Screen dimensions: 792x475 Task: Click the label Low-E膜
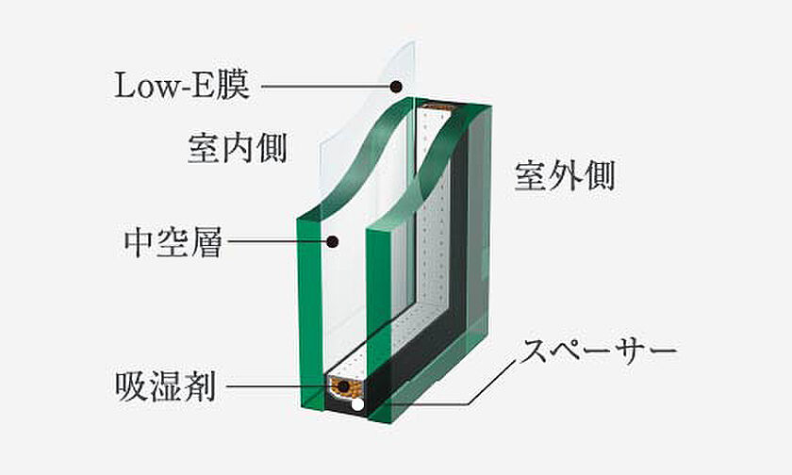click(x=182, y=86)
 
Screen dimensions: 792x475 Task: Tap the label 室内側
click(x=238, y=148)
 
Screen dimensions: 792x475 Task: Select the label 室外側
click(x=565, y=175)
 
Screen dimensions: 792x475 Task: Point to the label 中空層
click(x=173, y=242)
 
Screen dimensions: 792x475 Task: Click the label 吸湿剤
click(x=166, y=386)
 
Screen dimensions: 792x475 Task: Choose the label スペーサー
click(x=599, y=351)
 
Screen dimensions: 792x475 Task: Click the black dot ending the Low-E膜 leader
click(x=397, y=87)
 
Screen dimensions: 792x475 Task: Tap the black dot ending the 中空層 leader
click(x=332, y=242)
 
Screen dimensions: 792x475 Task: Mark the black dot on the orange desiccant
click(x=345, y=387)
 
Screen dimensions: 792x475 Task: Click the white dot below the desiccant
click(x=357, y=404)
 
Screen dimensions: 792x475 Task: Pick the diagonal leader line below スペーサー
click(x=492, y=382)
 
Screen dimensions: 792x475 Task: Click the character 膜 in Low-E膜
click(x=234, y=86)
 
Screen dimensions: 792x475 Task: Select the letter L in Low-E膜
click(x=124, y=86)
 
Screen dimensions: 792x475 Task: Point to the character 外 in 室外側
click(x=565, y=175)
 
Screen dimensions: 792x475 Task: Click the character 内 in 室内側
click(x=238, y=148)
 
